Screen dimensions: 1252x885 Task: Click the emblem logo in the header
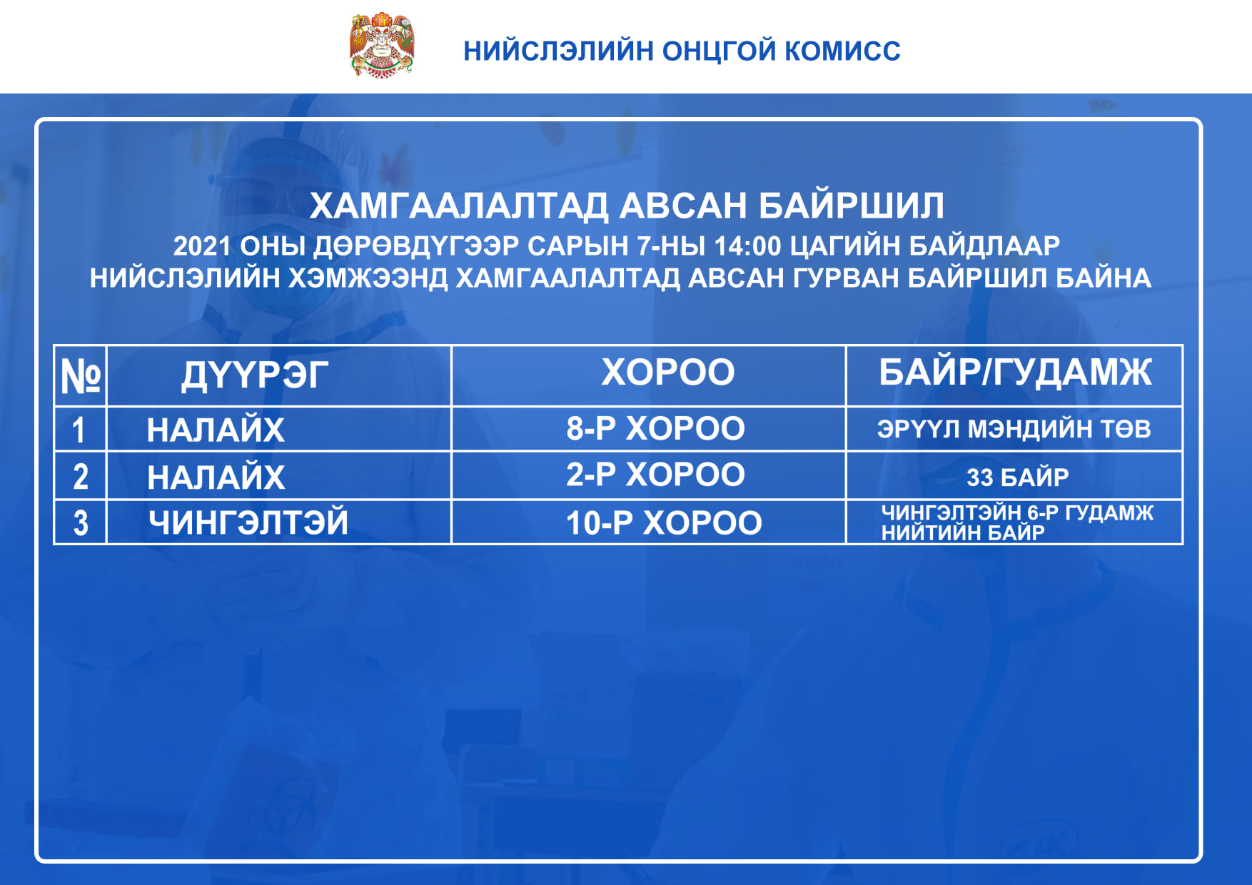click(x=382, y=45)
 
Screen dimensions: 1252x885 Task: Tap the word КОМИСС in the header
click(x=842, y=51)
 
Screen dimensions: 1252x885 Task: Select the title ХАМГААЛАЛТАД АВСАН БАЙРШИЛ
click(x=627, y=206)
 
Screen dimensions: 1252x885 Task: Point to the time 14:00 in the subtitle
click(x=747, y=246)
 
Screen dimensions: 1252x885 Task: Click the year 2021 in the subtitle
click(x=202, y=246)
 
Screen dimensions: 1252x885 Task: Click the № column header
click(x=81, y=375)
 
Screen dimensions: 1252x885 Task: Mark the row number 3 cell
click(x=81, y=522)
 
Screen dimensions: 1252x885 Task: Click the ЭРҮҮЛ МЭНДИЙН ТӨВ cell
click(x=1014, y=429)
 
